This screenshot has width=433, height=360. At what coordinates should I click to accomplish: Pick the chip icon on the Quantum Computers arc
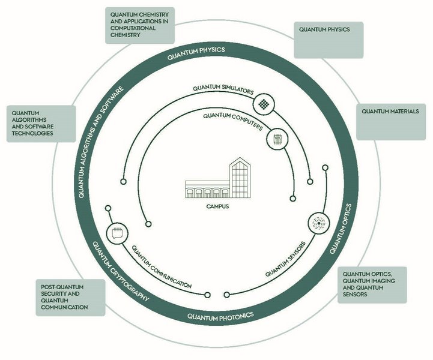pyautogui.click(x=277, y=139)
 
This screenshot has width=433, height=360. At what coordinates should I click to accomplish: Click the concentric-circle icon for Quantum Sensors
pyautogui.click(x=318, y=222)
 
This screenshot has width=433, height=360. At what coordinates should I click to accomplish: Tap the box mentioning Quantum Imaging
pyautogui.click(x=371, y=284)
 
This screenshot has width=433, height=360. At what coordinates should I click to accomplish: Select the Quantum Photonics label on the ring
pyautogui.click(x=220, y=315)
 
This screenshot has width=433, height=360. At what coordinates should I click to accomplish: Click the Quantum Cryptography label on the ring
pyautogui.click(x=121, y=270)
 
